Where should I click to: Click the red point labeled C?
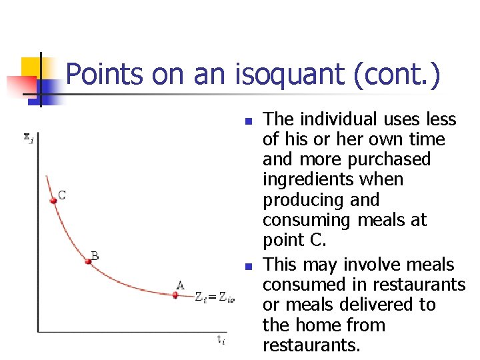click(x=53, y=200)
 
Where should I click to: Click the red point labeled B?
click(x=87, y=261)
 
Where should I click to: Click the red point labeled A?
click(x=175, y=295)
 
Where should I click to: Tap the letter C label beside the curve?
click(x=61, y=195)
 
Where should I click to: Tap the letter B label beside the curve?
click(x=95, y=255)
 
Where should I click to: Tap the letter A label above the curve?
click(x=180, y=285)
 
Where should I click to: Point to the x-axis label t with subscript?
click(x=221, y=340)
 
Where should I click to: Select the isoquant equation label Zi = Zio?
click(x=215, y=298)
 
